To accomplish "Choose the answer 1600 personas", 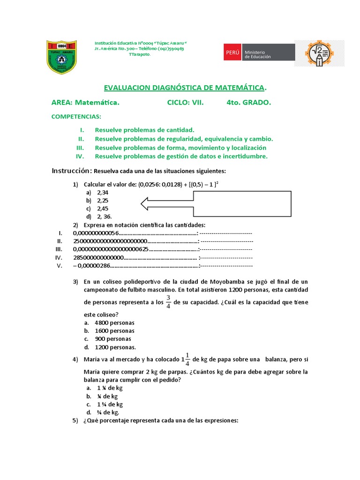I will [114, 330].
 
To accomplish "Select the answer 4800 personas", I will [114, 322].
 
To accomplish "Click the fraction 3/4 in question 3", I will [168, 303].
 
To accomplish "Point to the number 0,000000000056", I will [96, 233].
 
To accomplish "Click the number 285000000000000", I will [98, 257].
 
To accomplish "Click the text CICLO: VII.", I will [185, 102].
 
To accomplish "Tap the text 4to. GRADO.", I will [248, 102].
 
